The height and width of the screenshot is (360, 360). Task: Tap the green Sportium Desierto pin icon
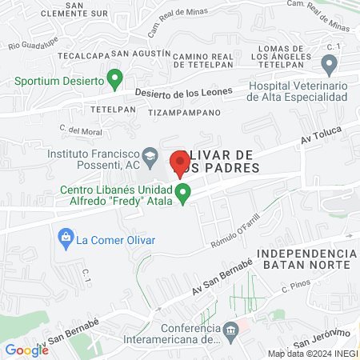(114, 80)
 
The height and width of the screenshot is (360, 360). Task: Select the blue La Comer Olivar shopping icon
(64, 238)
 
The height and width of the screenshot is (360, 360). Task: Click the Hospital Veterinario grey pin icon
(328, 64)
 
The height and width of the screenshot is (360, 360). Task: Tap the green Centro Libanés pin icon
(183, 193)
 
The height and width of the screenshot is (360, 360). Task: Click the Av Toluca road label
(316, 139)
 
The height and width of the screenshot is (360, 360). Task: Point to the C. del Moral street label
(78, 129)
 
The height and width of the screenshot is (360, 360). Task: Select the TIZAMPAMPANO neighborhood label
(184, 114)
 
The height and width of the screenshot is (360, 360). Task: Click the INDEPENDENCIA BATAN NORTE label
(304, 258)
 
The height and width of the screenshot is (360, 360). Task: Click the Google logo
(26, 350)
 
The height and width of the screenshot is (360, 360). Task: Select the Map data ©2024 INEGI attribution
(312, 354)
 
